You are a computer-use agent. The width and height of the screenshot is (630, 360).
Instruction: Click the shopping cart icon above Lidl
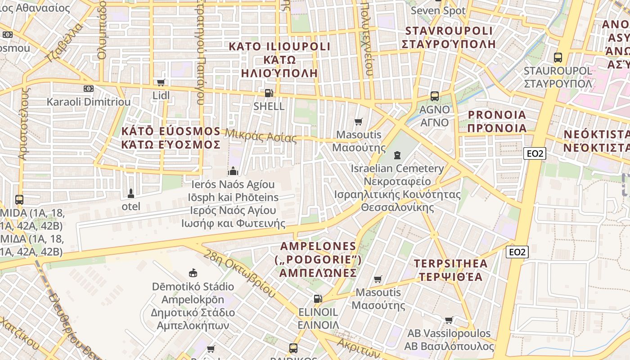(161, 82)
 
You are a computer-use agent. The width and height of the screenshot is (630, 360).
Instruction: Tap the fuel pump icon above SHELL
(269, 93)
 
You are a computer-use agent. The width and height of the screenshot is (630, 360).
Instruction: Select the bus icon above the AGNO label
(434, 96)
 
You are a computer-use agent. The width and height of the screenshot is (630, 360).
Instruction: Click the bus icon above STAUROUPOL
(558, 58)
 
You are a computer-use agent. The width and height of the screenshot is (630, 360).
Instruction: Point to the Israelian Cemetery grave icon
(397, 155)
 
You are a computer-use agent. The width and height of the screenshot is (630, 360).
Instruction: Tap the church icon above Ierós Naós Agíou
(233, 171)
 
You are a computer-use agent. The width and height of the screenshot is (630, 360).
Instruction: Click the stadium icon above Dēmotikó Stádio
(193, 273)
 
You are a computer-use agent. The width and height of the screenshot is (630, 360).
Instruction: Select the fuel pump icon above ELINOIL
(318, 298)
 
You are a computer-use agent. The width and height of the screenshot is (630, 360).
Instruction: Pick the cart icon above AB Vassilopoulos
(449, 320)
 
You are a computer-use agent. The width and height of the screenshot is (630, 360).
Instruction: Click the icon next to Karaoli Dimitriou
(89, 89)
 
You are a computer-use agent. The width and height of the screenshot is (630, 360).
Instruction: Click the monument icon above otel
(131, 193)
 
